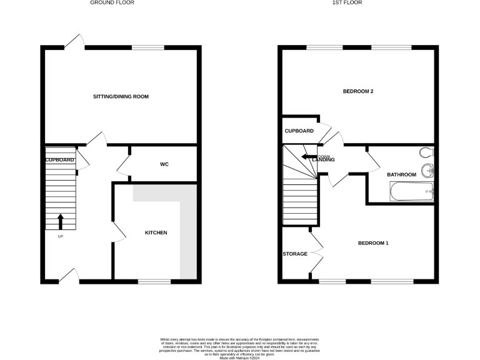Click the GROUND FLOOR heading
(x=112, y=2)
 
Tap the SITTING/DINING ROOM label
(x=121, y=96)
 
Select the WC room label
(x=164, y=164)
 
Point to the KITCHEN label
(x=156, y=232)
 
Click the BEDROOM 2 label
(x=358, y=92)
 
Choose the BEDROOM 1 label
(x=373, y=242)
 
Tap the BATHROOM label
(x=401, y=174)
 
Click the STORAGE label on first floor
(x=295, y=254)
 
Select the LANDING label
(x=324, y=160)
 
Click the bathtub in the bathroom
(x=412, y=191)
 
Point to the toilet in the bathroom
(x=426, y=152)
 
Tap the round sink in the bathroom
(x=428, y=169)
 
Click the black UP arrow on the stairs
(x=61, y=221)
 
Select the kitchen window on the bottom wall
(x=154, y=282)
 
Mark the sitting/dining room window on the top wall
(x=148, y=47)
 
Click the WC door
(x=123, y=165)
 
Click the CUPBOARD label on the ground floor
(x=60, y=160)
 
